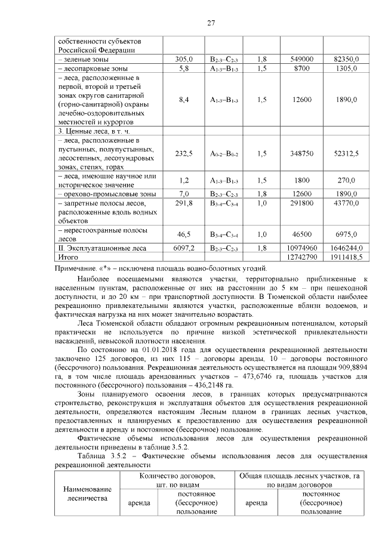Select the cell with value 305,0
point(183,60)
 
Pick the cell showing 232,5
point(183,153)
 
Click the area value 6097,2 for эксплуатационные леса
point(183,247)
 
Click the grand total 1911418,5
point(344,256)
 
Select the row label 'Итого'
point(67,256)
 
